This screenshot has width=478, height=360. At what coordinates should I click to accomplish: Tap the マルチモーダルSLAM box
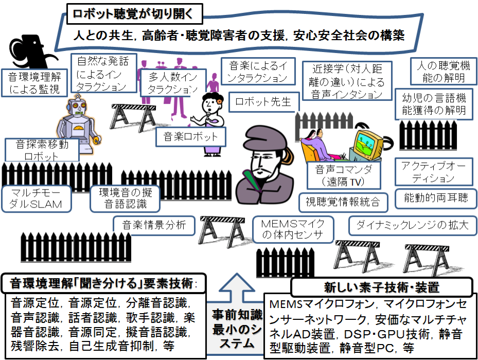[39, 198]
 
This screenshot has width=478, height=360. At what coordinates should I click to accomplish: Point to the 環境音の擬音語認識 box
[125, 198]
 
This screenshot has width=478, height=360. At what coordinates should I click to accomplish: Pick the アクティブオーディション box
[434, 172]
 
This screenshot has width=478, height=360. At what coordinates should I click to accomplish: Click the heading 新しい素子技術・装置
[381, 286]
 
